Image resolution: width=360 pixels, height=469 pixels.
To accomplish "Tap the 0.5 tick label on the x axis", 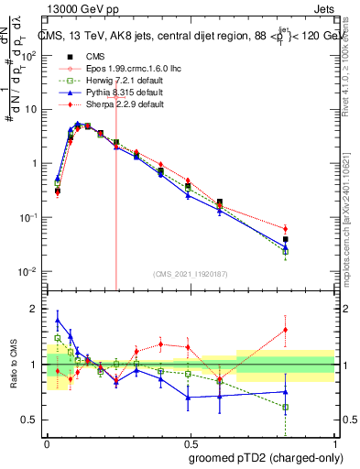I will coord(190,441).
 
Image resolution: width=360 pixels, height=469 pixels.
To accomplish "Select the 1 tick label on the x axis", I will coord(333,441).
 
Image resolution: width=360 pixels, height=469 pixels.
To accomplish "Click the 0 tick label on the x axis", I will coord(47,441).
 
